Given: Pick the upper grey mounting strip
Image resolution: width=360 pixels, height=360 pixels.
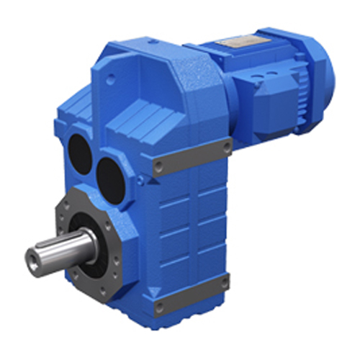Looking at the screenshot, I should pyautogui.click(x=191, y=156).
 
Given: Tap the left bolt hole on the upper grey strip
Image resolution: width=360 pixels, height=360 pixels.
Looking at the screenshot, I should pyautogui.click(x=157, y=169).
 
